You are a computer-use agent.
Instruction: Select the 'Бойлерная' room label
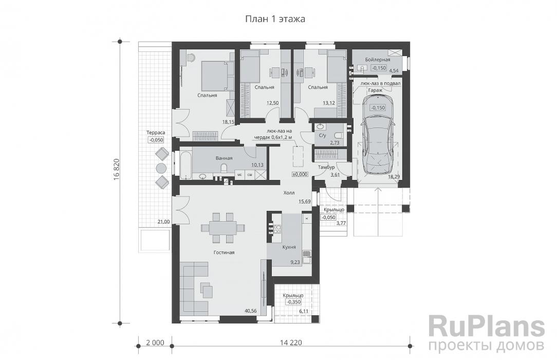click(x=374, y=60)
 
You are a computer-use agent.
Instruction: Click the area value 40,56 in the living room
click(x=251, y=311)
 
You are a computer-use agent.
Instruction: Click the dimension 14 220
click(x=290, y=343)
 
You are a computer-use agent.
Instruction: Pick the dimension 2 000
click(x=155, y=343)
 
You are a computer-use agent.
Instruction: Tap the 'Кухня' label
click(x=289, y=247)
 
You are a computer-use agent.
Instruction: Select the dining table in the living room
click(x=223, y=227)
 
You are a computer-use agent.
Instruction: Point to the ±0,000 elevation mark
click(x=300, y=174)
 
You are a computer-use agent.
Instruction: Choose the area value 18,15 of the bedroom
click(x=228, y=122)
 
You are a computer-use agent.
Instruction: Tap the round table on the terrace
click(x=161, y=168)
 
